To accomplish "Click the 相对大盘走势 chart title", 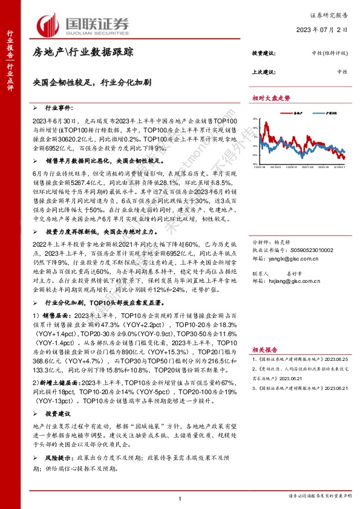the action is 271,97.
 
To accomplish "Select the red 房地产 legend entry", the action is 296,112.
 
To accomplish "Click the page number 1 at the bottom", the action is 180,498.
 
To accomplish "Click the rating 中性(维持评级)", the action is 326,53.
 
